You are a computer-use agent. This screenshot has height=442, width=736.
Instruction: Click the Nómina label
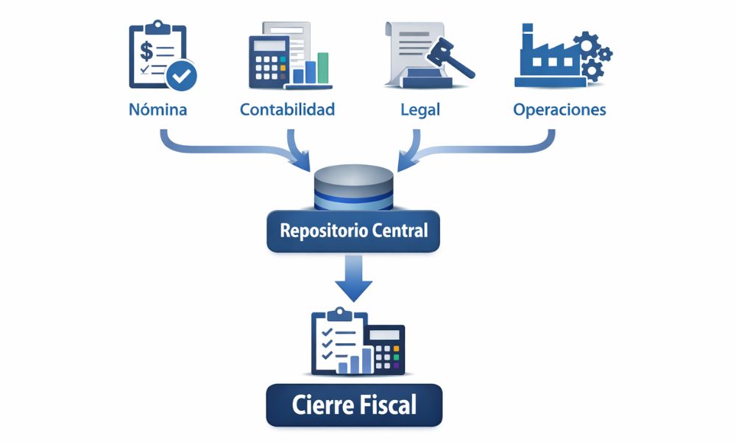[x=158, y=110]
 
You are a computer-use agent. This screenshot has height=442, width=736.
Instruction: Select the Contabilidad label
[x=287, y=110]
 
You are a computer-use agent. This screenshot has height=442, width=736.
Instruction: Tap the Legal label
[x=420, y=110]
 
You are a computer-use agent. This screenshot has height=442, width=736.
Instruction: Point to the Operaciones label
[x=559, y=110]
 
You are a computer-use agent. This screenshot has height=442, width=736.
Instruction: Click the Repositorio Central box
[x=353, y=231]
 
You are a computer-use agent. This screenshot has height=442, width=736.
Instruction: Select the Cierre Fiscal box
[x=353, y=404]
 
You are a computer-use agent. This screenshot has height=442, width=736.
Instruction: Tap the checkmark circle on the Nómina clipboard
[x=181, y=74]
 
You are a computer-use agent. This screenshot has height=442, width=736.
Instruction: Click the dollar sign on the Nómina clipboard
[x=147, y=52]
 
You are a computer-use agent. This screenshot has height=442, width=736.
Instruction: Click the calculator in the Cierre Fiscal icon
[x=386, y=349]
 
